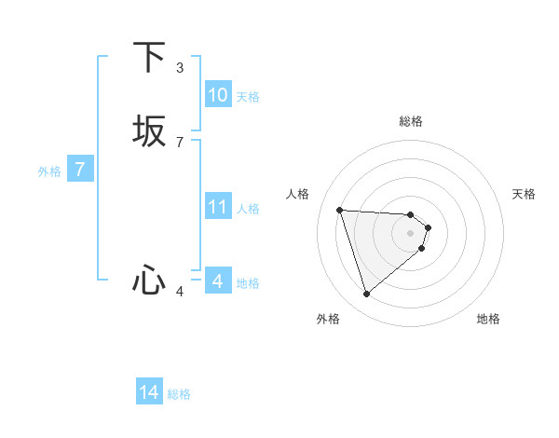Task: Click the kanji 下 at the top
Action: click(x=149, y=58)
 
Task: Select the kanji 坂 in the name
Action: click(x=149, y=131)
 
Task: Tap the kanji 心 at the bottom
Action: click(x=149, y=280)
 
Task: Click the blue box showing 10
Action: click(x=218, y=95)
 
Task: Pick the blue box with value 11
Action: click(x=218, y=207)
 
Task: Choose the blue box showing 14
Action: click(x=149, y=392)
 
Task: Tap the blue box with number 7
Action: click(x=80, y=170)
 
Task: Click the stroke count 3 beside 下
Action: click(x=180, y=68)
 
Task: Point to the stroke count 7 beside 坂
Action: click(x=180, y=143)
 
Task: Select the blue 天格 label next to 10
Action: click(x=248, y=97)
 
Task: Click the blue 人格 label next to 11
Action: click(x=249, y=209)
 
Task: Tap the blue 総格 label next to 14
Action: click(x=179, y=394)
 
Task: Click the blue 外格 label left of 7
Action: click(x=49, y=171)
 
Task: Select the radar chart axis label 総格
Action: click(x=411, y=121)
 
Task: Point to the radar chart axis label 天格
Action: click(x=524, y=194)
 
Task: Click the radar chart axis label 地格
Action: click(x=488, y=319)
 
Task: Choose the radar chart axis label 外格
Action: click(x=328, y=319)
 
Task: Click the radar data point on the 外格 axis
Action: click(x=367, y=294)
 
